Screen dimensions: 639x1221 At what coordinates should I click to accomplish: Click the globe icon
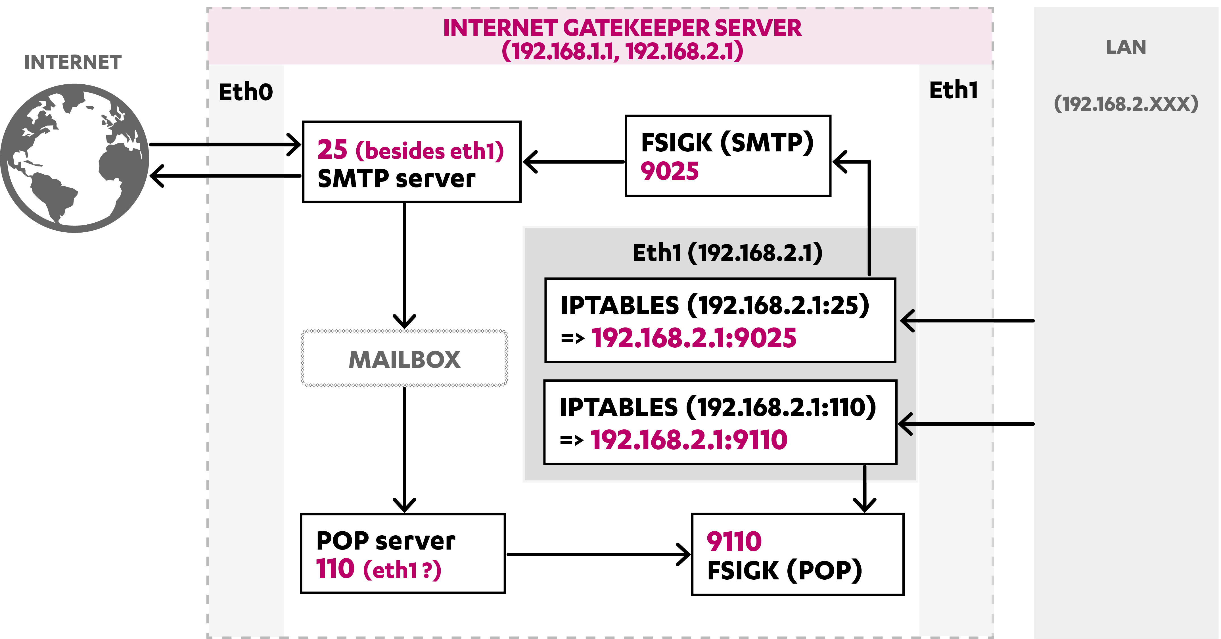click(74, 158)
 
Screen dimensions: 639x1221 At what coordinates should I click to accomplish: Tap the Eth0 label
click(246, 92)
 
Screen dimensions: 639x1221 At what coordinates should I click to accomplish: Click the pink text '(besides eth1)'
click(429, 151)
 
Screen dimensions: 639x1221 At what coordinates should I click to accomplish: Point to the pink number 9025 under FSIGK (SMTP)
click(669, 171)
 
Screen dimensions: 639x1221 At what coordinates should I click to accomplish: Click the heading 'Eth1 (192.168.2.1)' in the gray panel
click(727, 253)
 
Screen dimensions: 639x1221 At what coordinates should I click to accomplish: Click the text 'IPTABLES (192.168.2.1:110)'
click(718, 407)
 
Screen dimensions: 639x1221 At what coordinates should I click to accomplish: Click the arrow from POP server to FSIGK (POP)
click(597, 554)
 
